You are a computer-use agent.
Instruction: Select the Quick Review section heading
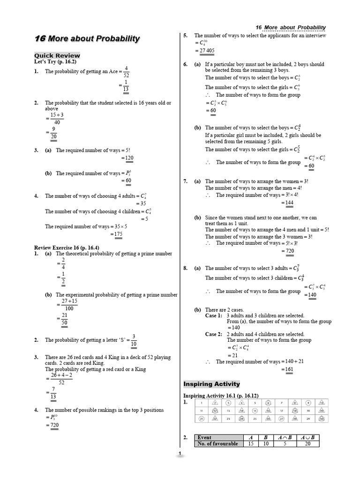(57, 55)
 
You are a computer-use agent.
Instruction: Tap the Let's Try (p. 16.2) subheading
(55, 61)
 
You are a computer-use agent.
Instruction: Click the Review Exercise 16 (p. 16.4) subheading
(67, 247)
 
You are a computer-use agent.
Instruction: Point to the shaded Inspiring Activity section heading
(211, 384)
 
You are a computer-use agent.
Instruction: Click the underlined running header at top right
(291, 27)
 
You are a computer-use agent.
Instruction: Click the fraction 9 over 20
(54, 133)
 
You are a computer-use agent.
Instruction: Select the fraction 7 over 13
(53, 393)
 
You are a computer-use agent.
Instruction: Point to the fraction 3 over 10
(134, 340)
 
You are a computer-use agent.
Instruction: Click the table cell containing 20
(307, 443)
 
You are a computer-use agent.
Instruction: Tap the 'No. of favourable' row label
(217, 443)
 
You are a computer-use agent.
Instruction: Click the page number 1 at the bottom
(180, 454)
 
